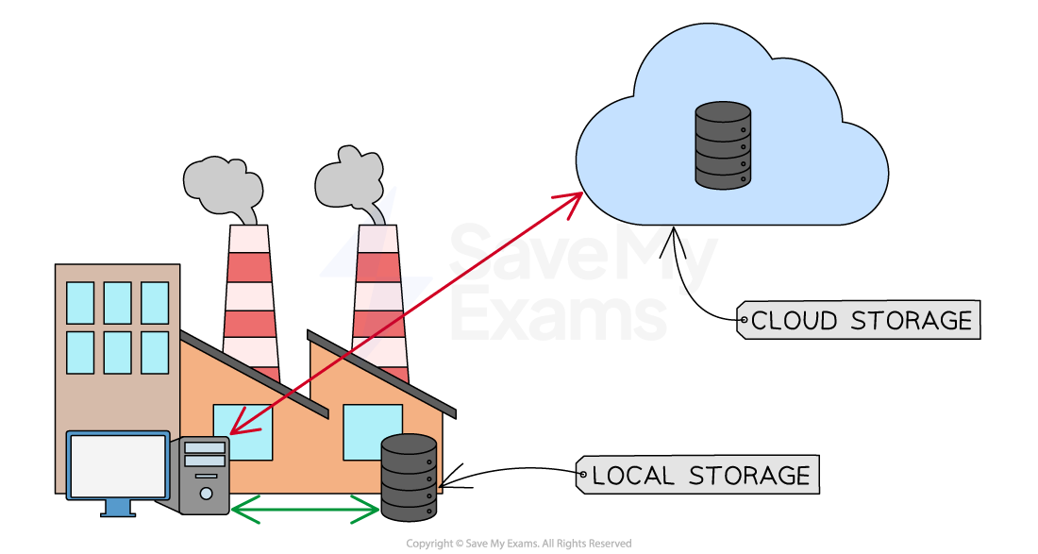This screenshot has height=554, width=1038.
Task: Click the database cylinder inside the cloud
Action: [723, 146]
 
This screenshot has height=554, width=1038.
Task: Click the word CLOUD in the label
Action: [795, 321]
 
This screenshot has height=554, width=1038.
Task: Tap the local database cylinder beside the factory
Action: [409, 478]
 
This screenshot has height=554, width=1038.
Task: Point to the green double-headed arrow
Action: [304, 510]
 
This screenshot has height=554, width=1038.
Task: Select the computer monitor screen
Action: [118, 466]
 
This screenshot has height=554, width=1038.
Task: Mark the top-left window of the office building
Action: [80, 302]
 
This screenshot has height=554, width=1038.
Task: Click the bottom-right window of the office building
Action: [155, 352]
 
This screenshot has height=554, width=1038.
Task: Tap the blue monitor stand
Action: [117, 508]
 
